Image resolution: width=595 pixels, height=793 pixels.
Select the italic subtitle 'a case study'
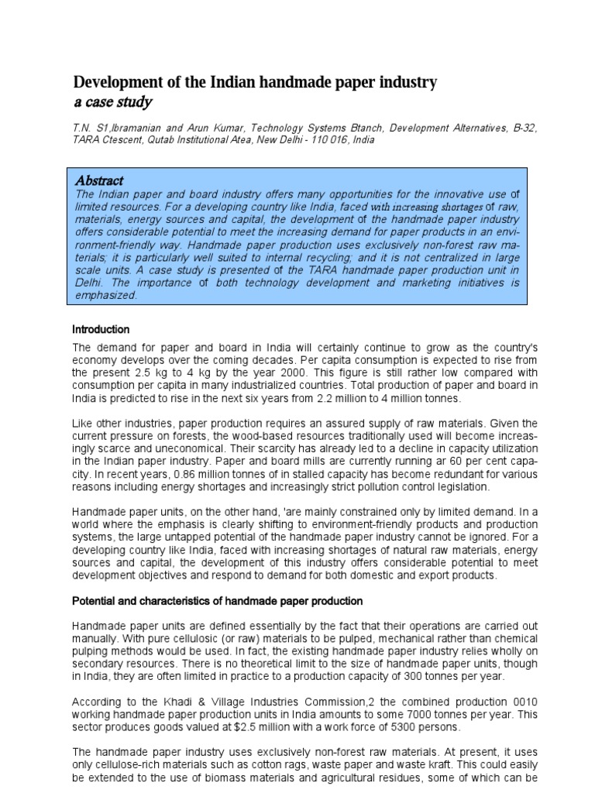tap(112, 102)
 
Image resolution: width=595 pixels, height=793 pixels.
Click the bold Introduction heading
tap(101, 329)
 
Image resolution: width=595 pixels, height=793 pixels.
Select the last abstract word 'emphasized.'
tap(105, 295)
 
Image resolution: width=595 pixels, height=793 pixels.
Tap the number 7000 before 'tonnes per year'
tap(385, 713)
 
